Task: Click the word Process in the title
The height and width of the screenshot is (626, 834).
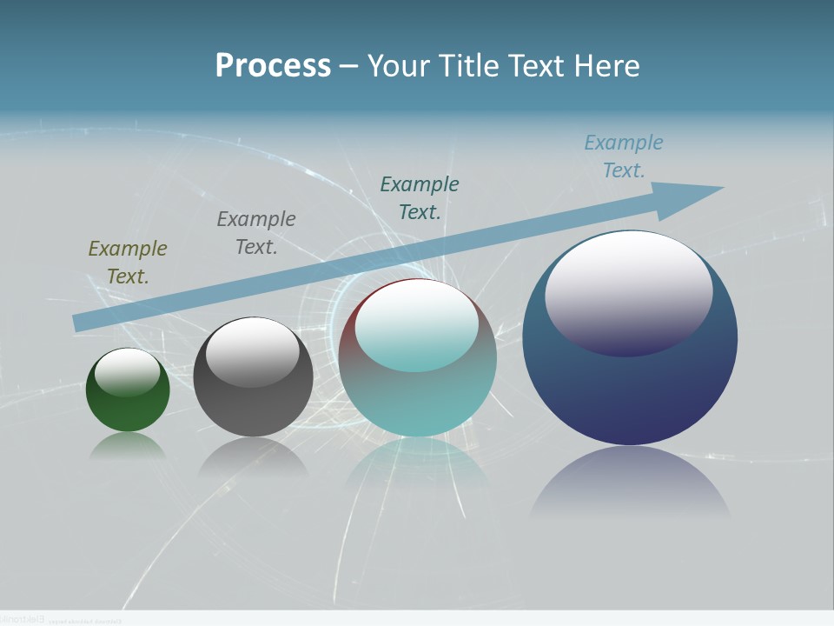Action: [273, 66]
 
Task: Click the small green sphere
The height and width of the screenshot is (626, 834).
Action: [128, 409]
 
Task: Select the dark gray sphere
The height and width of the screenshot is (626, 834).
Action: [253, 400]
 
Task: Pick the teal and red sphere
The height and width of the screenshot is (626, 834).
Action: [418, 391]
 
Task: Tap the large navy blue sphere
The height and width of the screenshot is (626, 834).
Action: [630, 391]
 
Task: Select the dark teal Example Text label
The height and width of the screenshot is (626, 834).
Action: [420, 197]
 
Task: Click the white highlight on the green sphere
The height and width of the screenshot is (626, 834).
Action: [128, 372]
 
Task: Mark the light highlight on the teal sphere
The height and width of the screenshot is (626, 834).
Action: [417, 327]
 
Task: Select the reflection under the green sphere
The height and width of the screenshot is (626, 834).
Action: [128, 445]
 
